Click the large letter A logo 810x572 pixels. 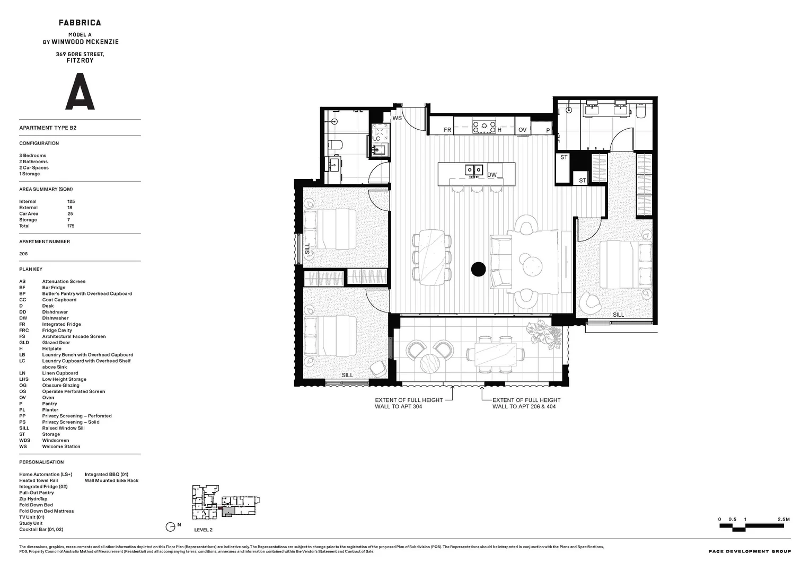pos(80,92)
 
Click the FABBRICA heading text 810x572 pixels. pos(80,23)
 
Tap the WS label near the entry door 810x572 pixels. pos(397,118)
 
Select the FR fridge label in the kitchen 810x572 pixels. pos(447,130)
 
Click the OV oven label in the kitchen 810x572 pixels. pos(522,130)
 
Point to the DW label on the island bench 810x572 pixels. pos(492,175)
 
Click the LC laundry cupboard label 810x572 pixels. pos(377,139)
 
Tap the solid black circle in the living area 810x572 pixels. pos(478,269)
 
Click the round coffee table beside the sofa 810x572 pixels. pos(532,266)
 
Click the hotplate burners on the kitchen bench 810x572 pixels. pos(483,127)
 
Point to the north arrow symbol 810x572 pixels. pos(171,526)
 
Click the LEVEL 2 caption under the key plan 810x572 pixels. pos(203,530)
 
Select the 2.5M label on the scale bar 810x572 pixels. pos(783,520)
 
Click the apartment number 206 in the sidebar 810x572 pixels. pos(23,254)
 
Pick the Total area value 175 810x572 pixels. pos(71,226)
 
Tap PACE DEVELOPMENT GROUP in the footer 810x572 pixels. pos(749,551)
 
